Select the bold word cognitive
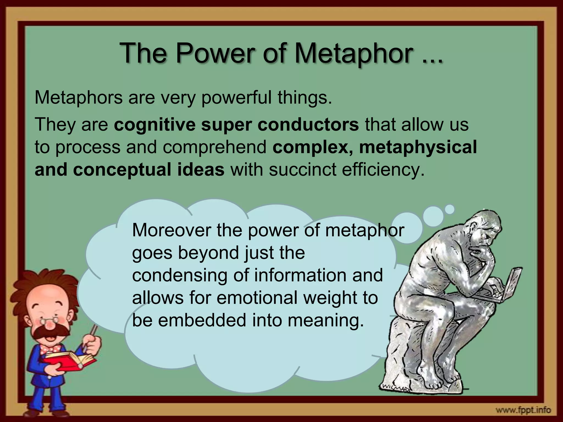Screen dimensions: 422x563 click(x=154, y=125)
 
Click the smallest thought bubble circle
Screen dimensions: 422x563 click(x=450, y=209)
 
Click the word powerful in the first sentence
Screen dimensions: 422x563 click(x=236, y=98)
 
